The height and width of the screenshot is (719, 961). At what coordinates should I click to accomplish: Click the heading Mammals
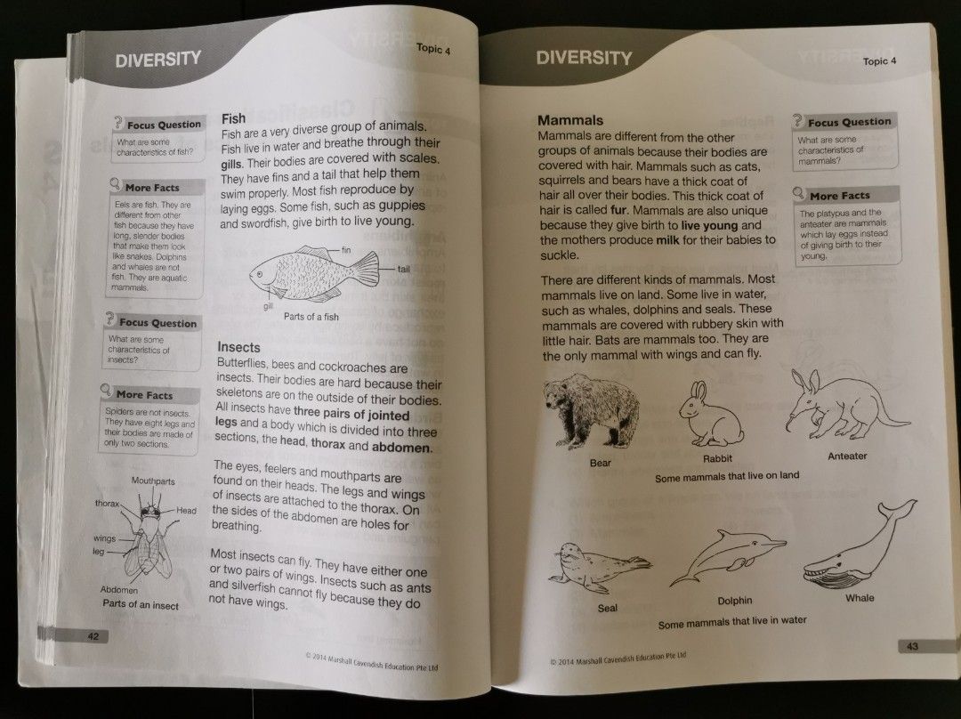pos(570,120)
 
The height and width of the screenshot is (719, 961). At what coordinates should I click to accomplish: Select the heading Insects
pos(238,347)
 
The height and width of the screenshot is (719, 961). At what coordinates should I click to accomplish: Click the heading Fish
pos(233,118)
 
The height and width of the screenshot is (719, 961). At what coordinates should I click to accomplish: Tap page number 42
pos(93,635)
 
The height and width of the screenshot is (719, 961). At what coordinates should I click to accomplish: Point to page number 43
pos(912,646)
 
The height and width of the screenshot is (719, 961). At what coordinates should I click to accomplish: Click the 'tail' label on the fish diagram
pos(403,268)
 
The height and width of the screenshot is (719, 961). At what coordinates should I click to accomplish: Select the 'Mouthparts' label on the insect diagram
pos(153,481)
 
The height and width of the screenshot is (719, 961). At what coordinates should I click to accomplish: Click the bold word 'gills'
pos(232,165)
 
